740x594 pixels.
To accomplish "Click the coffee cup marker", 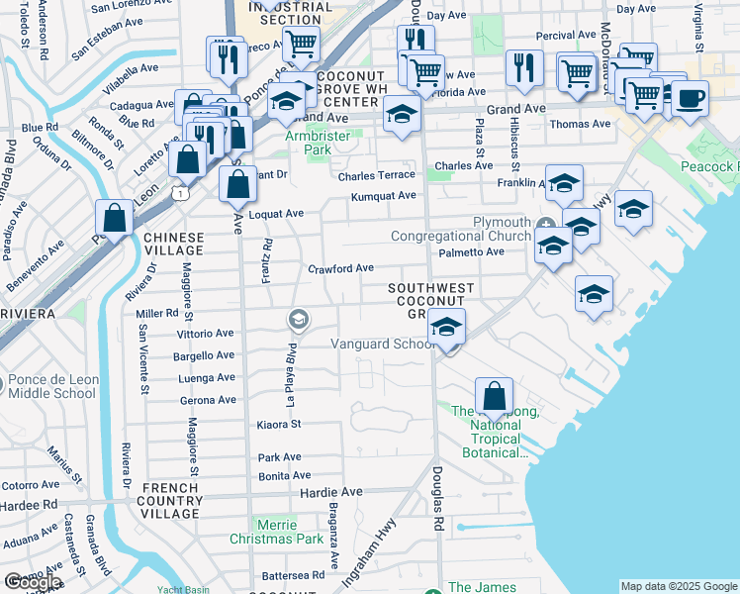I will [691, 98].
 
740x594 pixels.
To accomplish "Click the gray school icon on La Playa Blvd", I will [296, 319].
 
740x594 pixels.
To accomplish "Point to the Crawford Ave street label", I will [339, 267].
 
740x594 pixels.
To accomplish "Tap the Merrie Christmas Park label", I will [276, 532].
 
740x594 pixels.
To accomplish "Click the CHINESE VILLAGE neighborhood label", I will [174, 245].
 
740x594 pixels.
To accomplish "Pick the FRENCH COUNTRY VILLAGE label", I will [172, 495].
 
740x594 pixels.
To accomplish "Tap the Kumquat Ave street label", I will [382, 196].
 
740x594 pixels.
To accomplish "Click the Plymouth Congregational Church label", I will [460, 229].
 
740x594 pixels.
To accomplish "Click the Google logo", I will [33, 582].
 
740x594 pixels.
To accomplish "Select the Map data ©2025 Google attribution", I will [679, 586].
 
